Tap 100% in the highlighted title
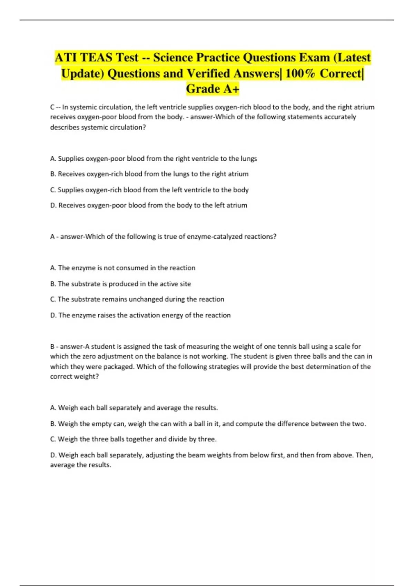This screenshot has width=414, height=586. [x=300, y=73]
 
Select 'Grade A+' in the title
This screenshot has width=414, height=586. [x=213, y=89]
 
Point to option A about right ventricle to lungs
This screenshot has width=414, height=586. [x=154, y=159]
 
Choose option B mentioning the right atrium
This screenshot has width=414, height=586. [x=149, y=174]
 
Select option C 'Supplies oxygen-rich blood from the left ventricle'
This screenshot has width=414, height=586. [x=149, y=190]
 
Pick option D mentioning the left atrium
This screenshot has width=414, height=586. [x=149, y=205]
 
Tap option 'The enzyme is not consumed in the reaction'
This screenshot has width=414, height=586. [x=122, y=268]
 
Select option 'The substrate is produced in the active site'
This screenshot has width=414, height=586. [x=120, y=284]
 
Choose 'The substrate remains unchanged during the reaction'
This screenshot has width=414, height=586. [x=137, y=299]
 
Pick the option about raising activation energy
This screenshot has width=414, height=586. [x=140, y=315]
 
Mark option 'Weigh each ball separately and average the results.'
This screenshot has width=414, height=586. [x=134, y=408]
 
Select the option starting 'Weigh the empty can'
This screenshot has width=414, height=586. [x=208, y=424]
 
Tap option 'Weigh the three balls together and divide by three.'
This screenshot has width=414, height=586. [x=133, y=439]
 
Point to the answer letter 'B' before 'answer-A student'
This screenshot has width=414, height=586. [x=52, y=346]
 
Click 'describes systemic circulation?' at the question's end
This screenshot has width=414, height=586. [x=98, y=127]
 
